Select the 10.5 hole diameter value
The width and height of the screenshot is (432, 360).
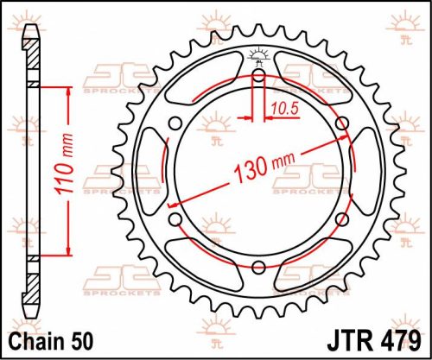pos(282,107)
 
